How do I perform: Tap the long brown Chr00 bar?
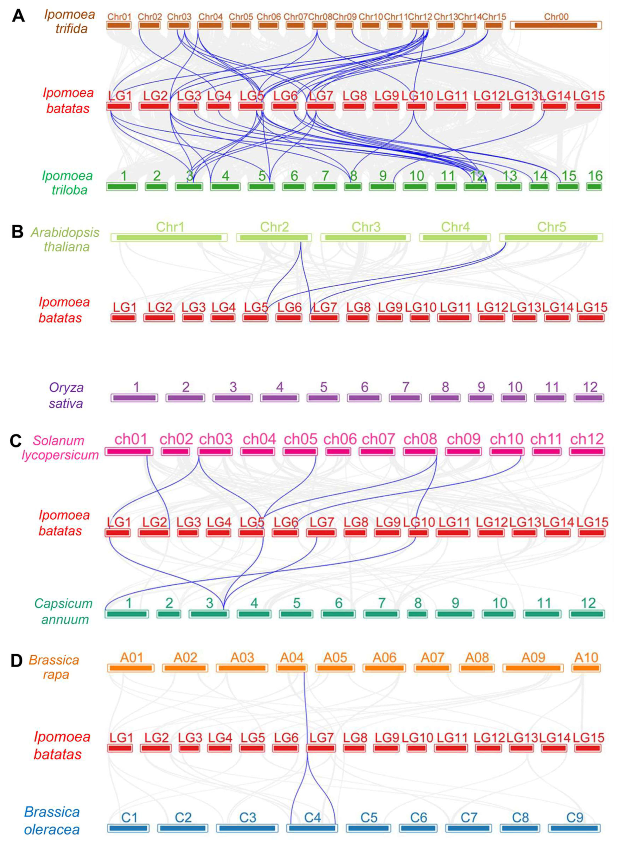pyautogui.click(x=556, y=25)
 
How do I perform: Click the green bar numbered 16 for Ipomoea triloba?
pyautogui.click(x=594, y=187)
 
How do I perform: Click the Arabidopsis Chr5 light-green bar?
pyautogui.click(x=551, y=238)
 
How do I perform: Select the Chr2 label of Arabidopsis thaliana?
pyautogui.click(x=274, y=227)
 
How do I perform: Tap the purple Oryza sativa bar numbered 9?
pyautogui.click(x=481, y=398)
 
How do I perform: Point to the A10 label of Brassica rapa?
pyautogui.click(x=586, y=657)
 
